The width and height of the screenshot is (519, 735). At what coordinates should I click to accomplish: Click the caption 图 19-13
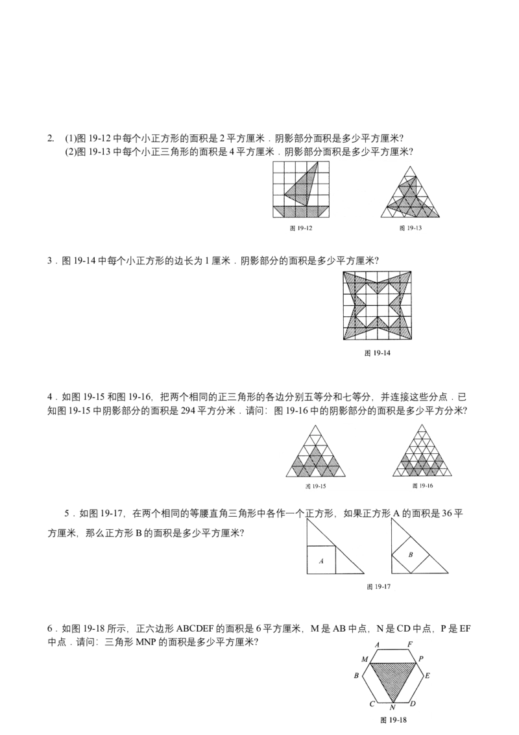(410, 229)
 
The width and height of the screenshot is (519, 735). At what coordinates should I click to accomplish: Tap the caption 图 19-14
(377, 353)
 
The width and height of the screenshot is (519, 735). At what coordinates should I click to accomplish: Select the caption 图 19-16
(422, 486)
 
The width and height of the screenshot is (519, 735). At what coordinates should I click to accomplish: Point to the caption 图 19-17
(378, 586)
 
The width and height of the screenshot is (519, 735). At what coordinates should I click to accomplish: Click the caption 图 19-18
(393, 719)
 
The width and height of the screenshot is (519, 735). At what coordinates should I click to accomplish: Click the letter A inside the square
(321, 560)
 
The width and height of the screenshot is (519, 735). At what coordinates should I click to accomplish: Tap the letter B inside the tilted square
(411, 554)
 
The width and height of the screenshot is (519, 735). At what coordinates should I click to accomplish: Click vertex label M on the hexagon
(365, 659)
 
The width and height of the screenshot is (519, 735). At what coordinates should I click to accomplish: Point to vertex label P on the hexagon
(421, 658)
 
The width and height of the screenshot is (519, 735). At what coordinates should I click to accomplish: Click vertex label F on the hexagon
(410, 644)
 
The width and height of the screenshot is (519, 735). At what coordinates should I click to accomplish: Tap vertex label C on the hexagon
(372, 704)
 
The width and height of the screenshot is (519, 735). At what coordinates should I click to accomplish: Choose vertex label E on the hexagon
(427, 675)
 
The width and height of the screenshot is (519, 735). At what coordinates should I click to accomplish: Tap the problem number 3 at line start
(50, 260)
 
